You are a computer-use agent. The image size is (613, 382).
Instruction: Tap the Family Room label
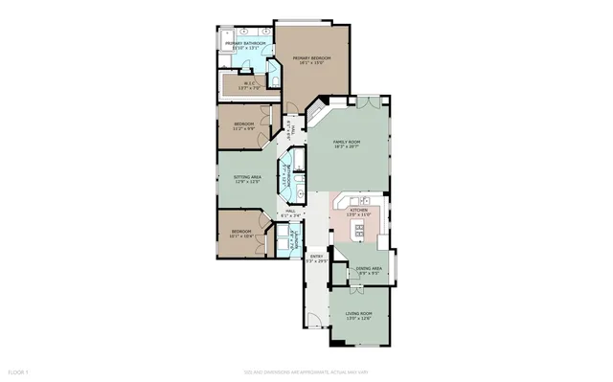[346, 145]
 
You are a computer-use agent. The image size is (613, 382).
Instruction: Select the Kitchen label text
[358, 211]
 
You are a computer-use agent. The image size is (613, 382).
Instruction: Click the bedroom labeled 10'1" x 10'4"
[240, 234]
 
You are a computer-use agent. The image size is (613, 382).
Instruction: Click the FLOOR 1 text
[19, 370]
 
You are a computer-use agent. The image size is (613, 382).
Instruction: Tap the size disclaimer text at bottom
[306, 370]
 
